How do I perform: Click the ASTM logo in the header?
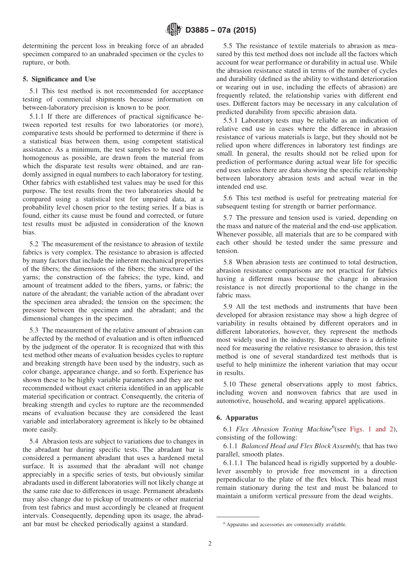pyautogui.click(x=173, y=30)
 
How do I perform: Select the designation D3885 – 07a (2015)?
pyautogui.click(x=221, y=31)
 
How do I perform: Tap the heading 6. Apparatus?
pyautogui.click(x=237, y=417)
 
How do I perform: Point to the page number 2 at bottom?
pyautogui.click(x=210, y=544)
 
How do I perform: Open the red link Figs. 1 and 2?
pyautogui.click(x=367, y=429)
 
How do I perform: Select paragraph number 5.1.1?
pyautogui.click(x=38, y=116)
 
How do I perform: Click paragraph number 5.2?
pyautogui.click(x=35, y=244)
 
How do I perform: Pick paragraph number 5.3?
pyautogui.click(x=35, y=330)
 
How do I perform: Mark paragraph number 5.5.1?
pyautogui.click(x=231, y=120)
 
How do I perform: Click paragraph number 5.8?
pyautogui.click(x=229, y=262)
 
